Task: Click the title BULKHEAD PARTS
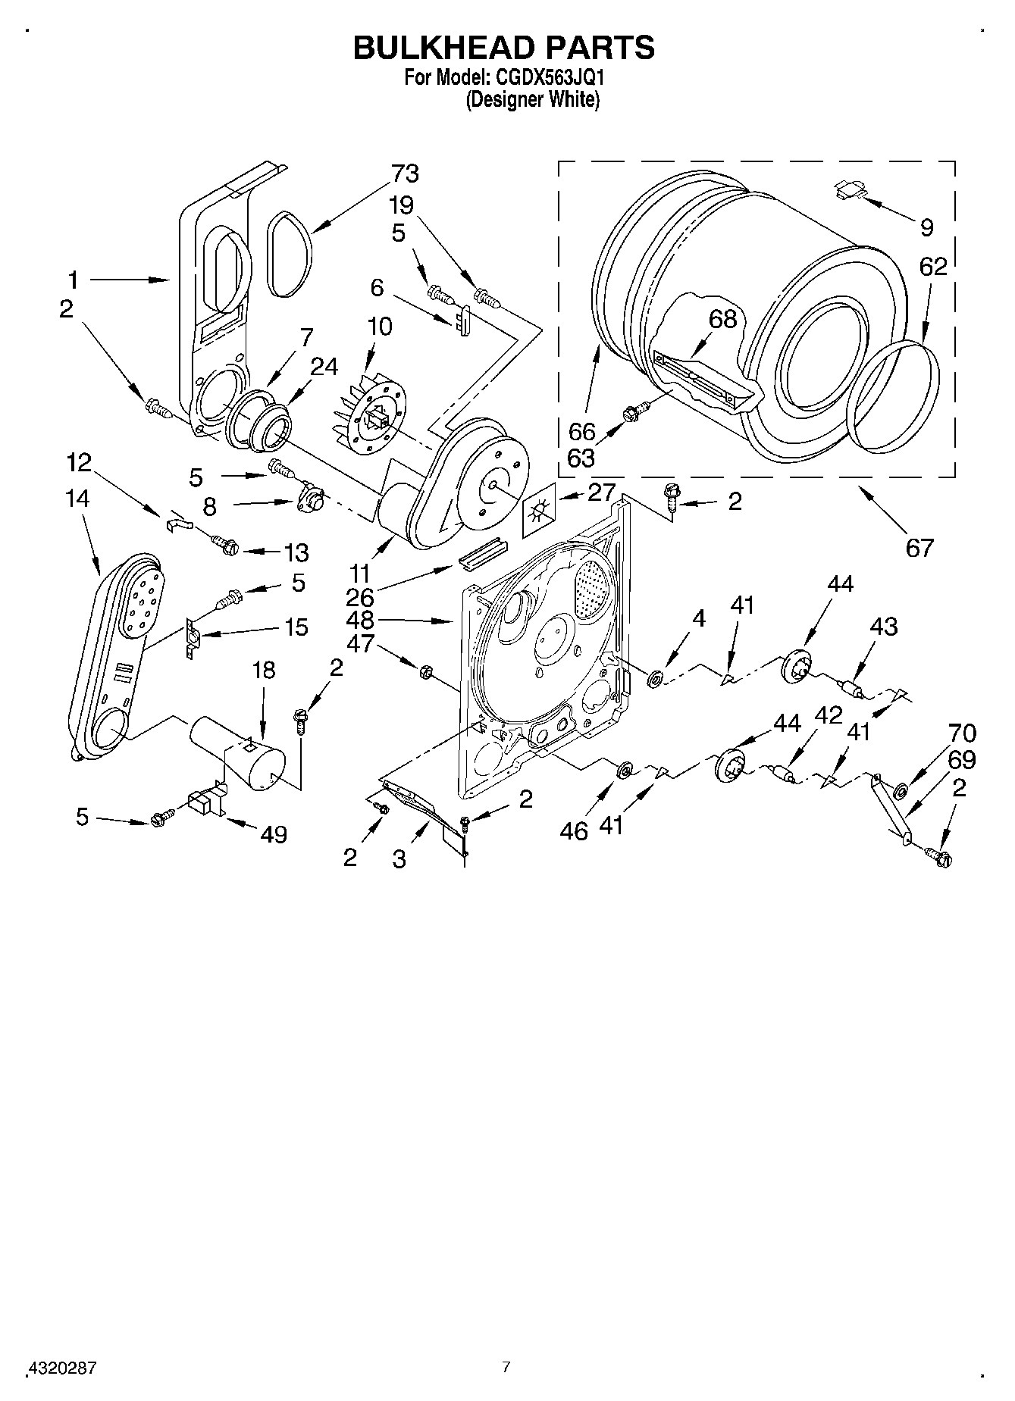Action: point(504,47)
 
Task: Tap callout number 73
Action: point(405,174)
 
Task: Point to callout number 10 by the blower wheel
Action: point(379,327)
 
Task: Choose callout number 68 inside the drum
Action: point(722,319)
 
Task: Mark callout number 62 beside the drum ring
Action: point(933,267)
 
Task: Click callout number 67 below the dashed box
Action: point(919,546)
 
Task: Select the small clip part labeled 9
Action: point(849,188)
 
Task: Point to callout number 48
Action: point(359,620)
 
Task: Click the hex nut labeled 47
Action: point(425,671)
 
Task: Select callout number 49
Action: point(274,834)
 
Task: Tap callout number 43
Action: point(884,626)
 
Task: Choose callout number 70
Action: point(963,733)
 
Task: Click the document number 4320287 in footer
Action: point(62,1368)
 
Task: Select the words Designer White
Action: point(532,99)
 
